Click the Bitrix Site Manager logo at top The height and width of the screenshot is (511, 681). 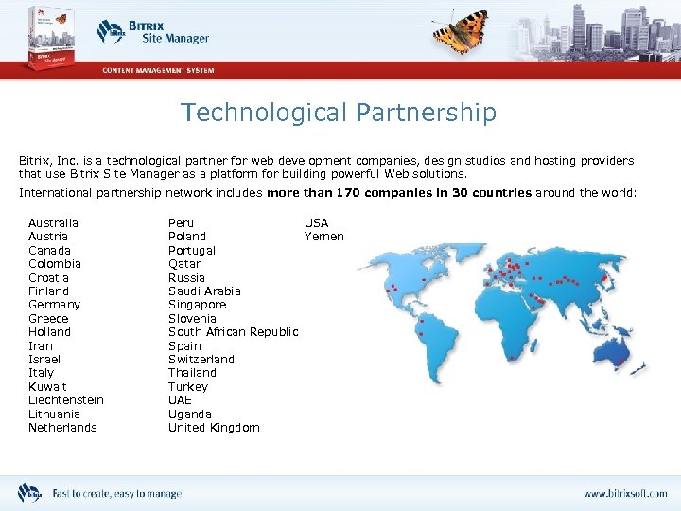click(152, 32)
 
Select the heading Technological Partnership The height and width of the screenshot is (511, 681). click(339, 113)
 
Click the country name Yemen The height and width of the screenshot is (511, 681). click(323, 237)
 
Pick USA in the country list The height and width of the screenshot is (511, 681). click(316, 223)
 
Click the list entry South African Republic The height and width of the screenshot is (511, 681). click(233, 332)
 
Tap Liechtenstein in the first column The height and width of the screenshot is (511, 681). click(66, 400)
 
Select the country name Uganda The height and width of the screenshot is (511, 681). click(190, 414)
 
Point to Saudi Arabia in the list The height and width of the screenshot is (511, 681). click(204, 291)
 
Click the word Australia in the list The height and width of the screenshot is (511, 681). click(54, 223)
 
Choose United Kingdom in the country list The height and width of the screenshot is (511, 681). click(214, 428)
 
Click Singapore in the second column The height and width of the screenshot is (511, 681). click(198, 305)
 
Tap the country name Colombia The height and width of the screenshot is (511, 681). click(55, 264)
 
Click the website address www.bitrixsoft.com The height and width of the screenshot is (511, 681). click(624, 494)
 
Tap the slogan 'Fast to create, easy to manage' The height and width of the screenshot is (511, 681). click(116, 494)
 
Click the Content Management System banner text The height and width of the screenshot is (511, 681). click(158, 70)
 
